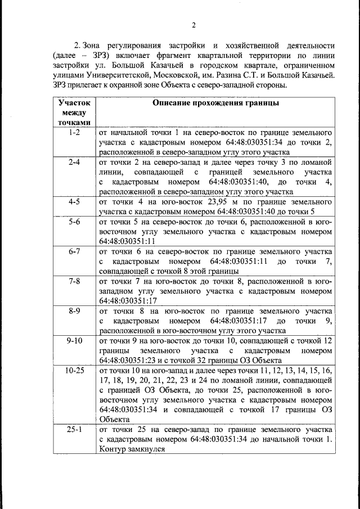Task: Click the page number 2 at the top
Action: coord(193,24)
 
